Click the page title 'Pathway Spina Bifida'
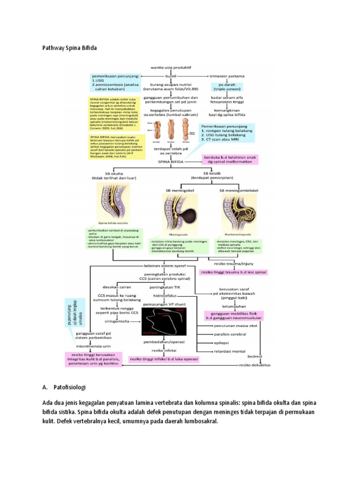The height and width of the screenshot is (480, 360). pyautogui.click(x=70, y=48)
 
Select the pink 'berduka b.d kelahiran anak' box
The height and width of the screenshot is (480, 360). pyautogui.click(x=230, y=159)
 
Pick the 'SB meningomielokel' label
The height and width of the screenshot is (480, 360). pyautogui.click(x=239, y=190)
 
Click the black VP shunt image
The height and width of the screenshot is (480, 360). pyautogui.click(x=167, y=321)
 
